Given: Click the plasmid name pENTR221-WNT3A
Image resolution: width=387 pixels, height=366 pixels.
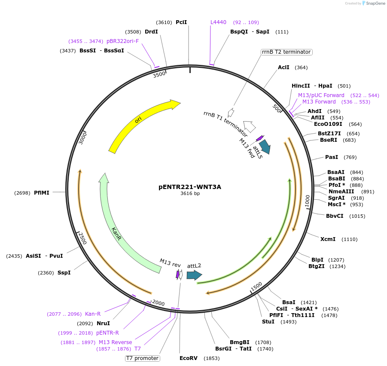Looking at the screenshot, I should (190, 187).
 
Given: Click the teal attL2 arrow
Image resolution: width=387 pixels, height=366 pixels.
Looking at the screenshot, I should (194, 275).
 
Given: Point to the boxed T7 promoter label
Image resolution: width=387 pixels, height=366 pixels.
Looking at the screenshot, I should (142, 358).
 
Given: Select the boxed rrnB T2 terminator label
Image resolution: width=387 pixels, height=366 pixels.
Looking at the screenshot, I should (286, 52).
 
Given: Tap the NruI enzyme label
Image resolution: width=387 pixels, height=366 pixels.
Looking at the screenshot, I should (103, 323).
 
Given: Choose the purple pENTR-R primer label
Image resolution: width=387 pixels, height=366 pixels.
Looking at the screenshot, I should (107, 332).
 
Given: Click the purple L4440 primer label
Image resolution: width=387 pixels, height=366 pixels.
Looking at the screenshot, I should (218, 22).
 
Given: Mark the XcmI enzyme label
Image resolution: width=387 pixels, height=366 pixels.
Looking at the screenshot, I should (328, 239).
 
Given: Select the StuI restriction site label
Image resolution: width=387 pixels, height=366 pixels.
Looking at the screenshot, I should (268, 321).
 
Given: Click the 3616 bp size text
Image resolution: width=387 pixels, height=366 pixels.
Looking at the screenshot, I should (190, 194).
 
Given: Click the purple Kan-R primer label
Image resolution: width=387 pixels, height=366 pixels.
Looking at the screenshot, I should (93, 314).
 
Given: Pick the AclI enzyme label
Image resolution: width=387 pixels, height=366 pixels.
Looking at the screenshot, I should (283, 67).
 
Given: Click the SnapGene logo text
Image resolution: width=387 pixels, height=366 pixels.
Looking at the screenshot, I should (375, 3).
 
